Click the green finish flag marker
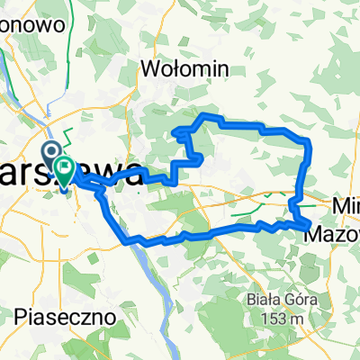tap(66, 167)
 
